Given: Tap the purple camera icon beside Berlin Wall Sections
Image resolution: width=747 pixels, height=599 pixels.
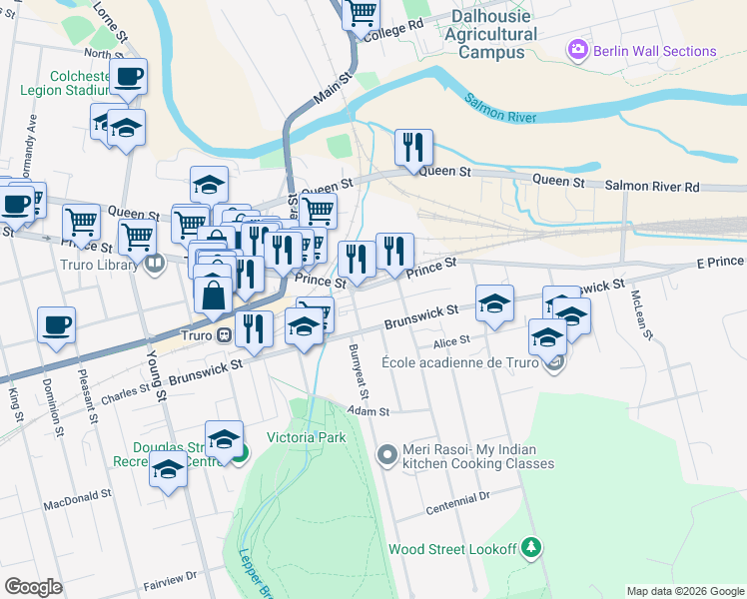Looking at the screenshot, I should pyautogui.click(x=577, y=50).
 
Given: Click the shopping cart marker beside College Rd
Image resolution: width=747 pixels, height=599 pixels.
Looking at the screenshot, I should pyautogui.click(x=361, y=15).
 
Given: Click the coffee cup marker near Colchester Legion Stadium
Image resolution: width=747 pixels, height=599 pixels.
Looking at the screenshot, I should pyautogui.click(x=128, y=77).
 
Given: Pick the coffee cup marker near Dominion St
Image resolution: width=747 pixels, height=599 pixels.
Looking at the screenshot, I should pyautogui.click(x=56, y=325).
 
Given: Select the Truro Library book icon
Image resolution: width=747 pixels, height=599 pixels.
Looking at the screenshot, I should pyautogui.click(x=154, y=265).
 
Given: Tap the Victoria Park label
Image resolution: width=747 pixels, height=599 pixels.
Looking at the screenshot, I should pyautogui.click(x=305, y=437).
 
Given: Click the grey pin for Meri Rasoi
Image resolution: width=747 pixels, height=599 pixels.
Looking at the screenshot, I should pyautogui.click(x=387, y=455).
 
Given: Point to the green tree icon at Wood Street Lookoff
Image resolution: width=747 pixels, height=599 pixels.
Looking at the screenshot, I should pyautogui.click(x=532, y=547).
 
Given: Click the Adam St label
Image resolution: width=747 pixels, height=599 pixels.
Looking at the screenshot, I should pyautogui.click(x=369, y=410).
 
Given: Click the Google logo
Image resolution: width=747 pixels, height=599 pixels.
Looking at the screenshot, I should pyautogui.click(x=34, y=586).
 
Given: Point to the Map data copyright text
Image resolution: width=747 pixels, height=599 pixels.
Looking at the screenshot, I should pyautogui.click(x=685, y=591).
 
